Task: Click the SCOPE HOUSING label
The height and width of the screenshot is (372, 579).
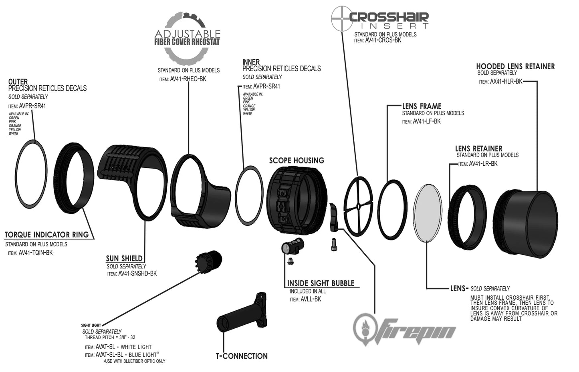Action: (297, 161)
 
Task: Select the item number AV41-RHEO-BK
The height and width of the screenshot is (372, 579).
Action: (188, 79)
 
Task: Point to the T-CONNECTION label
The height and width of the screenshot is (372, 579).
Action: (242, 356)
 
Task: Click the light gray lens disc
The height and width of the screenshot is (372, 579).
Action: (428, 213)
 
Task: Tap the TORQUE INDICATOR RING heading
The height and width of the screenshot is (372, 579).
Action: (46, 235)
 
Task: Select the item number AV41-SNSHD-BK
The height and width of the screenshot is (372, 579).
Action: (137, 274)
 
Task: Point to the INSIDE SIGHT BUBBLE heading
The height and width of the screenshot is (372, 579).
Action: (321, 283)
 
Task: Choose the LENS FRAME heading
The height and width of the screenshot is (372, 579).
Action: (422, 106)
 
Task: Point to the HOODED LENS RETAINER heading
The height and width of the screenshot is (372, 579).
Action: (515, 66)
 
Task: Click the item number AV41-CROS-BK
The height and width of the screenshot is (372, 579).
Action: (383, 40)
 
